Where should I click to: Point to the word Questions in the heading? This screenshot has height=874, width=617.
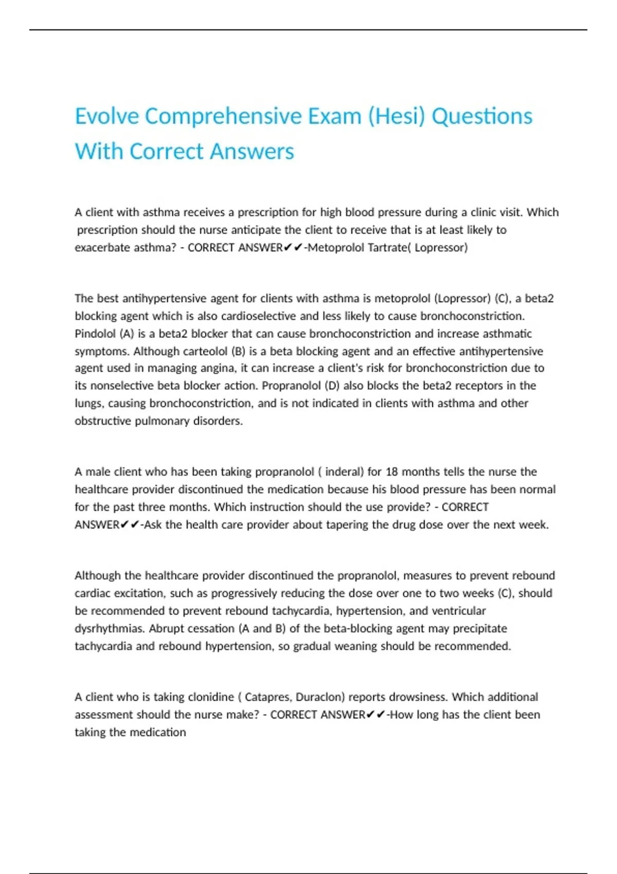[482, 116]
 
